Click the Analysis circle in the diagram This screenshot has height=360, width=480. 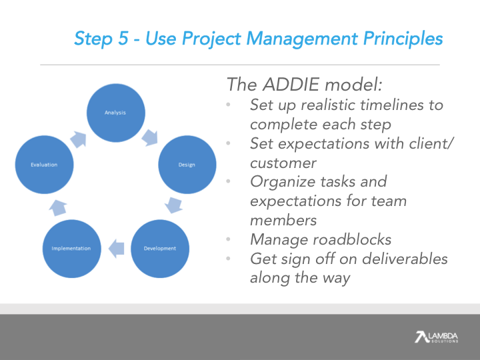click(115, 113)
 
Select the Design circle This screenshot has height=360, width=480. click(187, 165)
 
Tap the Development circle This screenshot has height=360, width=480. click(160, 248)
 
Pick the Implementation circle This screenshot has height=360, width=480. click(71, 249)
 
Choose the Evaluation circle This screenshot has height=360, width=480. click(44, 165)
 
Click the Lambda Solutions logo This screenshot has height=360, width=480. click(436, 337)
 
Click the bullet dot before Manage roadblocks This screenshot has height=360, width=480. click(229, 239)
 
